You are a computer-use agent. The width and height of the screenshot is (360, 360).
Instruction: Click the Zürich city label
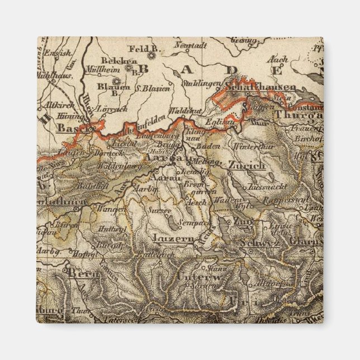pos(246,165)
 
